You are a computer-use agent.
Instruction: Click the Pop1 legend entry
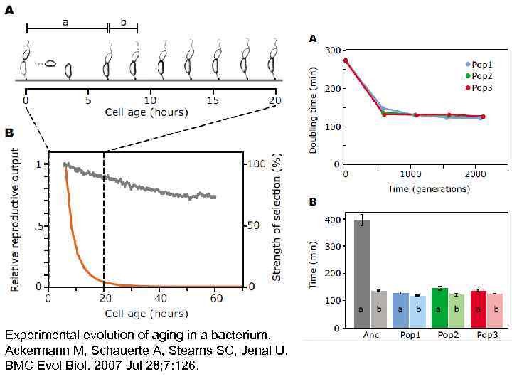point(479,64)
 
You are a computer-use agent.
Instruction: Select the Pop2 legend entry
point(479,75)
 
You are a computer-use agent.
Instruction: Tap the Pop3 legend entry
point(479,87)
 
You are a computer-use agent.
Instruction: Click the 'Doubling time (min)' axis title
point(314,107)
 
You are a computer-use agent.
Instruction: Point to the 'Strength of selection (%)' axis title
point(277,216)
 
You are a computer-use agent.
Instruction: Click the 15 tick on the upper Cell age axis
point(213,100)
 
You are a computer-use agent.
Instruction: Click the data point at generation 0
point(346,60)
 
